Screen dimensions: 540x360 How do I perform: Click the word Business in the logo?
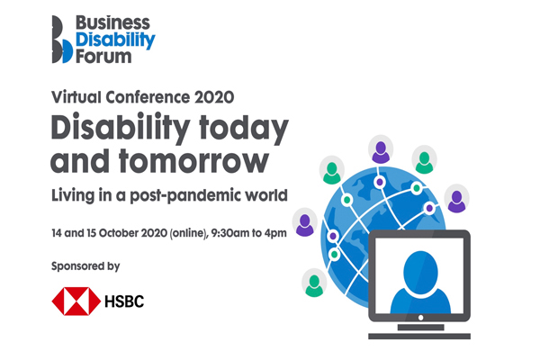pos(112,23)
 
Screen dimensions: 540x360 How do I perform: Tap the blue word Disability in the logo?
pos(115,40)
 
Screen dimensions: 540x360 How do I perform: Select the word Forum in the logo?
pos(103,57)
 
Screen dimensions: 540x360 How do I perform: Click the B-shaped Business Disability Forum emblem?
pos(62,40)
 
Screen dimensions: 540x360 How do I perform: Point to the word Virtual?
pos(76,97)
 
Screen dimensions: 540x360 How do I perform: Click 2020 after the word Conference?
pos(214,97)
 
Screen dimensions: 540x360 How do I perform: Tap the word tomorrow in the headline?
pos(193,161)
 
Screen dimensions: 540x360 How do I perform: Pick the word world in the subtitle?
pos(265,195)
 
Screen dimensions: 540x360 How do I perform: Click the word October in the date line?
pos(119,233)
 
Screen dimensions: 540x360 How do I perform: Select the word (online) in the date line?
pos(189,233)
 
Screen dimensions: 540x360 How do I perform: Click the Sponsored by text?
pos(85,266)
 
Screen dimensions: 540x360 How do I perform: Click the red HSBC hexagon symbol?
pos(76,301)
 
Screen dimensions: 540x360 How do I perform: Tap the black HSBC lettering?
pos(124,301)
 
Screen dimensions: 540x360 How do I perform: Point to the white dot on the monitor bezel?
pos(420,318)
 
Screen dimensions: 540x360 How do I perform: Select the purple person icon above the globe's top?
pos(381,152)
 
